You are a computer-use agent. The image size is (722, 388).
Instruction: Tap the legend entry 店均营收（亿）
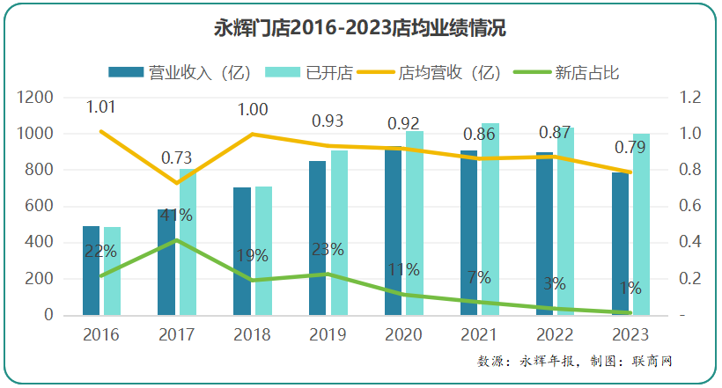[x=448, y=73]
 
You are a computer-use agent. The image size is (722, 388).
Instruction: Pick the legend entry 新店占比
[x=585, y=73]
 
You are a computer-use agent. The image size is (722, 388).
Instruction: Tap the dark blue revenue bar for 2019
[x=317, y=238]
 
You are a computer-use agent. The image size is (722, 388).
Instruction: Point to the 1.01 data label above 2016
[x=101, y=107]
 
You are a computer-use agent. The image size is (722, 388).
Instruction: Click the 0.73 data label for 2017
[x=176, y=158]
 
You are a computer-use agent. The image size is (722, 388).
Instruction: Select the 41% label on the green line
[x=176, y=216]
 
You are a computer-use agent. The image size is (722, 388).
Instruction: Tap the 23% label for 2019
[x=328, y=249]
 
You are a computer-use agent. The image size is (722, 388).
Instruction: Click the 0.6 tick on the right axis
[x=689, y=206]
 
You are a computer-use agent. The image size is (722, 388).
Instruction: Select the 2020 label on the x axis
[x=403, y=335]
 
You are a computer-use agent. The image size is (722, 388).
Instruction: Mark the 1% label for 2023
[x=629, y=288]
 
